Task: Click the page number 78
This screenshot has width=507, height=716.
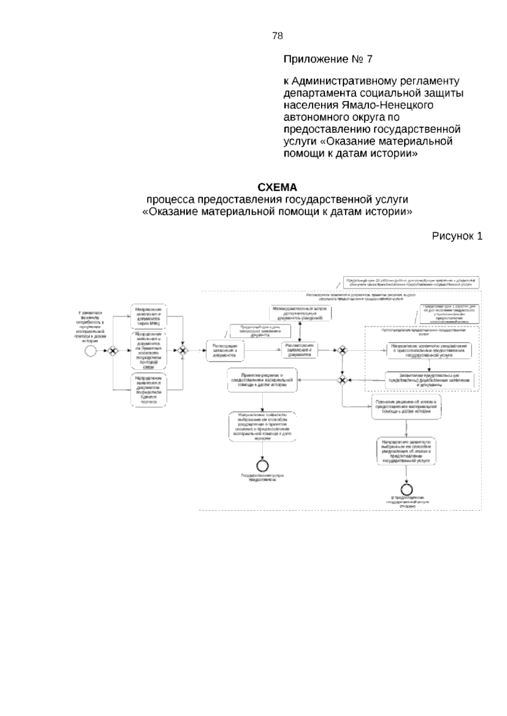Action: [x=278, y=36]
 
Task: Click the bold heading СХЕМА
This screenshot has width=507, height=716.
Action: [x=278, y=187]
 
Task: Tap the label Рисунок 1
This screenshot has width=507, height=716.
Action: [x=457, y=236]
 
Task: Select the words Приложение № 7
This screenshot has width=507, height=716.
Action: [x=328, y=59]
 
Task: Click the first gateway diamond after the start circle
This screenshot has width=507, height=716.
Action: [x=112, y=351]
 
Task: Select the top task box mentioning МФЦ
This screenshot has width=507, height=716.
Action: [x=149, y=316]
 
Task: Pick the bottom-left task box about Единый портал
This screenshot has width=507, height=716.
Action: [x=149, y=390]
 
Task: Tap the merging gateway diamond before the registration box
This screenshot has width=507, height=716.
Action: [x=183, y=351]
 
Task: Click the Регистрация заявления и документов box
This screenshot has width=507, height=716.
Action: [x=226, y=351]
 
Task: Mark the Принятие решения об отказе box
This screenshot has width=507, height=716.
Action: [x=407, y=407]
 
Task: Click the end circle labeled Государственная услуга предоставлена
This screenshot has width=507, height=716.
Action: [x=262, y=465]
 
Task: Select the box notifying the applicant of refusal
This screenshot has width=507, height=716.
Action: [x=406, y=451]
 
